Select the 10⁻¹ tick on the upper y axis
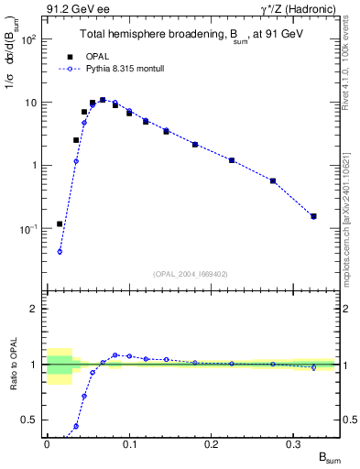click(x=32, y=228)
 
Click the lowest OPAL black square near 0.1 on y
click(x=60, y=224)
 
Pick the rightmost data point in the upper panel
click(x=313, y=216)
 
